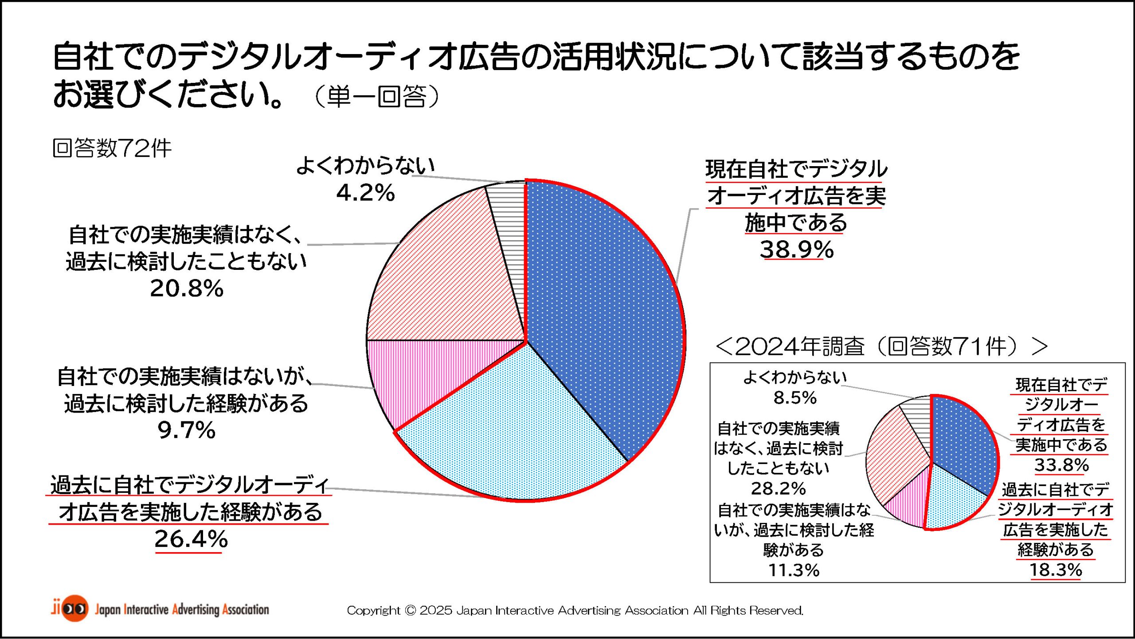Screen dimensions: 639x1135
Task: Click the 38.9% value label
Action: pos(797,249)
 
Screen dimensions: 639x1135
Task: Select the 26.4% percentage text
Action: pos(191,539)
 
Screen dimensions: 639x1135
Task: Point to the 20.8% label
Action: pos(187,288)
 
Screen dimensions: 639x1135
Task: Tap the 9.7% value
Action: pos(187,430)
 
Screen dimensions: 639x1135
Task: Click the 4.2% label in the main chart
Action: pos(365,193)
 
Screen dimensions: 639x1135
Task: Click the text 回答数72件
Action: pos(112,148)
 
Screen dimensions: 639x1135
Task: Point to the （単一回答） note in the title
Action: pos(377,96)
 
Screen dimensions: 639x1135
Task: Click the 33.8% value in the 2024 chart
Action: pos(1061,465)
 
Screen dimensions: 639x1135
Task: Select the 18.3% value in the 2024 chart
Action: pos(1056,570)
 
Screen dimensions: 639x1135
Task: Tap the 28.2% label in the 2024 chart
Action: pos(778,488)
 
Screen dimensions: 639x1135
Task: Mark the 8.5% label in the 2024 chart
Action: pos(795,397)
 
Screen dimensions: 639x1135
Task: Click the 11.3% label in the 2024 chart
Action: pos(794,570)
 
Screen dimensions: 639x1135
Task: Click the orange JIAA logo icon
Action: pos(74,608)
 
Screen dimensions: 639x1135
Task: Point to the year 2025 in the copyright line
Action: pos(436,611)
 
